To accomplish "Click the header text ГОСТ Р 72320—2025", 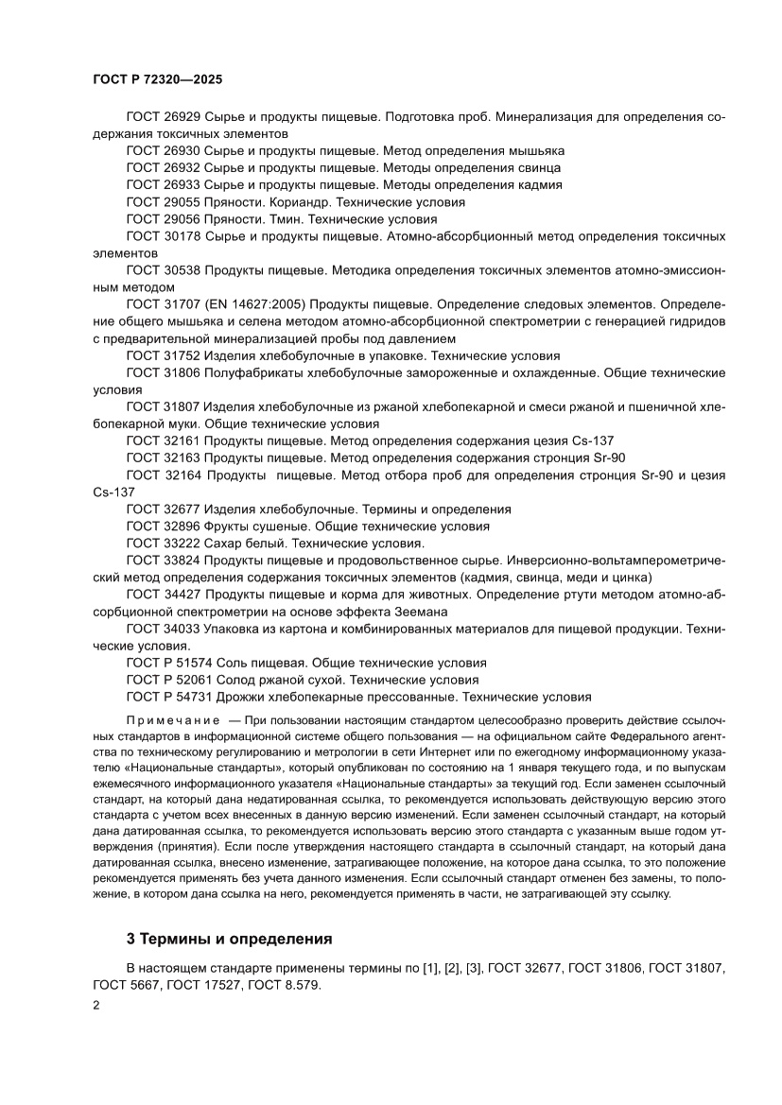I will [151, 81].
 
